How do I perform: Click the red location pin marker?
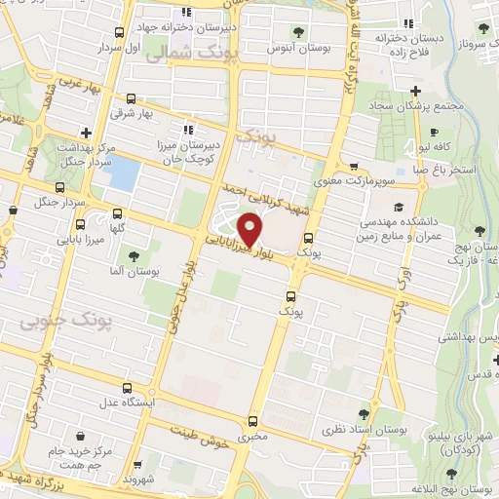click(x=252, y=230)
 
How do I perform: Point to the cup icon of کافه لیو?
click(x=434, y=132)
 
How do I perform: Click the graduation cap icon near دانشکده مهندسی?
click(x=398, y=207)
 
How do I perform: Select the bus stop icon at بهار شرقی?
click(x=132, y=97)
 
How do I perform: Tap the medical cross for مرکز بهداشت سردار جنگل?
click(x=87, y=132)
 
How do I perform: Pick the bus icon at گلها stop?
click(x=118, y=213)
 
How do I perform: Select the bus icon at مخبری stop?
click(x=253, y=422)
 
